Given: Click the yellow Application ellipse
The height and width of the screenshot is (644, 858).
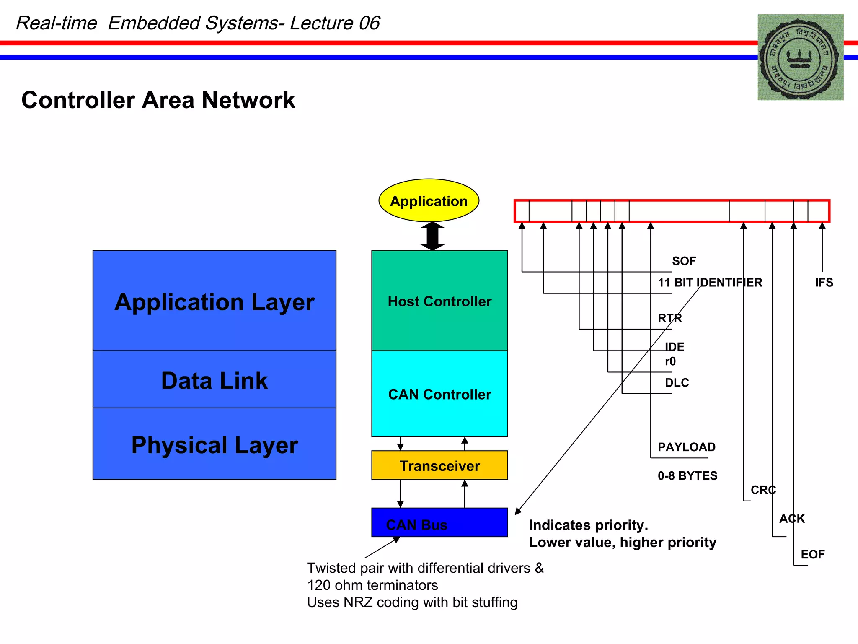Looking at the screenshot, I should point(429,201).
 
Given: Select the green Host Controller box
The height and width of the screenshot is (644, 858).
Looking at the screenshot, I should point(439,301).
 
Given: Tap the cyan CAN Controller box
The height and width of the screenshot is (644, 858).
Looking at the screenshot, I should point(439,394).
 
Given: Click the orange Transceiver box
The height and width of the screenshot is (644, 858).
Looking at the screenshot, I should point(439,465).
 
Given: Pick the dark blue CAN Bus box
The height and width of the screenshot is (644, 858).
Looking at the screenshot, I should point(439,522).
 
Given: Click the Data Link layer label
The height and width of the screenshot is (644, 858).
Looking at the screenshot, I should point(214,380).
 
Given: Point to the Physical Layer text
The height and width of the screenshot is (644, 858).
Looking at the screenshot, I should point(214,445).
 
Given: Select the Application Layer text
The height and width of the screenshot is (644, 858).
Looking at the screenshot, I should point(214,302).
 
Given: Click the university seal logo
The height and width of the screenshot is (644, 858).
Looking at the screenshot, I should point(800,57).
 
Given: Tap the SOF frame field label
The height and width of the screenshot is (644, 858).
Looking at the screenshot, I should point(684,261).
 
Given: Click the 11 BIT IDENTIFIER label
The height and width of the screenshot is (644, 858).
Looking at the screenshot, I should point(710,283).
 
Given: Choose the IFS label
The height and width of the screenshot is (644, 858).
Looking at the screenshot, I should point(824,283).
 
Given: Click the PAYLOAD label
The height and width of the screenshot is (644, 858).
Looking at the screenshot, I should point(686,447).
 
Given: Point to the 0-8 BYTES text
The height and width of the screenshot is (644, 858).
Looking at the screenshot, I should point(687,475).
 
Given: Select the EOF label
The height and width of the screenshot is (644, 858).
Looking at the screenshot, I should point(812,554).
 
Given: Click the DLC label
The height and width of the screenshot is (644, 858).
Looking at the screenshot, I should point(677,382).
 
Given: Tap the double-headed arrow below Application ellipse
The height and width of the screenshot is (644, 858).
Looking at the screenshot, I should point(432,236).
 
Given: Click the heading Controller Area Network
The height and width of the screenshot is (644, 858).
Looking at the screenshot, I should point(158,100).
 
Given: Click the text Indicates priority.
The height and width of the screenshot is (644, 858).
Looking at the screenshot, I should point(588,525).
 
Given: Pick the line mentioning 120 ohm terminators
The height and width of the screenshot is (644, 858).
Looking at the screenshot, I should point(372,585).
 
